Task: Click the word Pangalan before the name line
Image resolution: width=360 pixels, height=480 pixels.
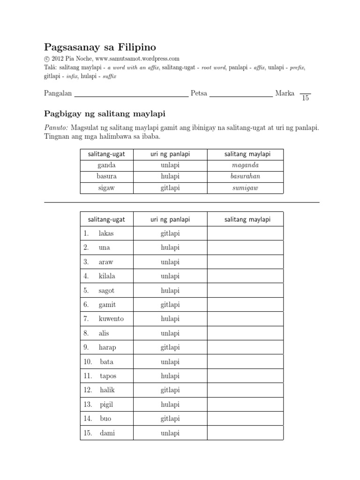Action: (x=58, y=93)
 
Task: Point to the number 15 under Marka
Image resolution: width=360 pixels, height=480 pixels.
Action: (x=306, y=98)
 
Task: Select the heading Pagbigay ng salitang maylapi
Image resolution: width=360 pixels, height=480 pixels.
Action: (x=105, y=114)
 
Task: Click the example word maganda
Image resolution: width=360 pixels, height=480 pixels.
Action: (x=245, y=165)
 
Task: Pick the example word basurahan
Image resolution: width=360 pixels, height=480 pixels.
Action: (x=245, y=176)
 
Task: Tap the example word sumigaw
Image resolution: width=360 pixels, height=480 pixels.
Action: (x=245, y=187)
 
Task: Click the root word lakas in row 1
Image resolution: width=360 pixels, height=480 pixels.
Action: (x=106, y=233)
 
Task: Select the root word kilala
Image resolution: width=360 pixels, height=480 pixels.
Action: (x=107, y=276)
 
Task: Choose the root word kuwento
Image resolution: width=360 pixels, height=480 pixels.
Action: (x=111, y=319)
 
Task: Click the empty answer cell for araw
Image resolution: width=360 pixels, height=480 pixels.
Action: (x=245, y=262)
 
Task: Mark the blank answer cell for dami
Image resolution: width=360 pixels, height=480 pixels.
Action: (x=245, y=433)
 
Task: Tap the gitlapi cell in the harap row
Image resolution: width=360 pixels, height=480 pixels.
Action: (x=170, y=347)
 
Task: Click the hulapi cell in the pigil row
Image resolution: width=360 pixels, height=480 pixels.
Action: (x=170, y=405)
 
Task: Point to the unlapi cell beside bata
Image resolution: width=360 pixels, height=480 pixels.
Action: (x=170, y=362)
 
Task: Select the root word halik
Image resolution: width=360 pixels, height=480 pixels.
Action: (x=107, y=390)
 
